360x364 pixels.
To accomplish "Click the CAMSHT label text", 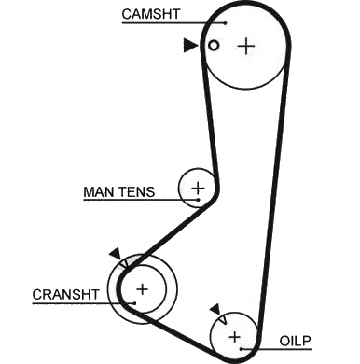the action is coord(151,14).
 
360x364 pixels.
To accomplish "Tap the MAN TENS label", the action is coord(119,192).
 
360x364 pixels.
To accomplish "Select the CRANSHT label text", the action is coord(66,294).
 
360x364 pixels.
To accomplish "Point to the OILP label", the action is coord(296,341).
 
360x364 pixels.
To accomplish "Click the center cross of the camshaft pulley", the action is coord(246,47).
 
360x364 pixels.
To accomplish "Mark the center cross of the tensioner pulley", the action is coord(198,188).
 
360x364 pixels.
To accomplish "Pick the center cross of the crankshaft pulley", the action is coord(143,289).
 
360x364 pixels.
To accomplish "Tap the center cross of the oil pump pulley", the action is coord(234,337).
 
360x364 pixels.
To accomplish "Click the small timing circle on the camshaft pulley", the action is coord(214,46).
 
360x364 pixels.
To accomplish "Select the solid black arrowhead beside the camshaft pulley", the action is coord(190,46).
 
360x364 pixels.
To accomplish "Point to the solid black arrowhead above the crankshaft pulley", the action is coord(116,253).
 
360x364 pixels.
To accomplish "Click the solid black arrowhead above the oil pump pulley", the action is coord(215,309).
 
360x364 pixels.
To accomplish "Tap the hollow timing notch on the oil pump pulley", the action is coord(223,319).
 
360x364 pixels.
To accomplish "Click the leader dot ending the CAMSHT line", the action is coord(225,22).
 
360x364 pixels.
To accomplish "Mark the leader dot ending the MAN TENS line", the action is coord(198,200).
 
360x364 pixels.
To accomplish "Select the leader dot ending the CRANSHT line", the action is coord(134,303).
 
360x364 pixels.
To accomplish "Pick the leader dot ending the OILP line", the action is coord(241,349).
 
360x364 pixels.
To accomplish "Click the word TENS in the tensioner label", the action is coord(137,192).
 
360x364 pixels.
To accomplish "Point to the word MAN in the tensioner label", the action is coord(99,192).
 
